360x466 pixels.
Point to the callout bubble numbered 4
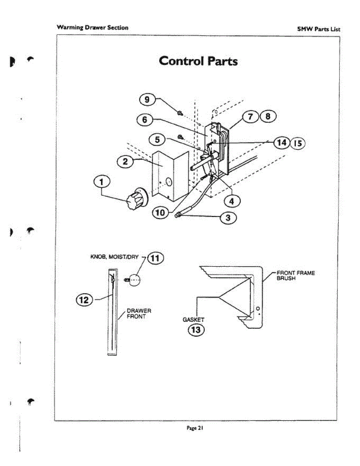232,201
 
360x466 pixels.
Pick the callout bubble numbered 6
144,120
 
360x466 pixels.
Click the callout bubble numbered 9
147,100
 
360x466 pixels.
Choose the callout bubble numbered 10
161,212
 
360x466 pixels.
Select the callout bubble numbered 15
298,143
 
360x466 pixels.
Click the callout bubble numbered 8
268,116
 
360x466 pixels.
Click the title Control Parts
198,61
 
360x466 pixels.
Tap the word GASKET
193,320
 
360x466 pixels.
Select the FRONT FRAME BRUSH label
295,276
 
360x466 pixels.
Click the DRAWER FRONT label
139,314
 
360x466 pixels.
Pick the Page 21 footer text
195,428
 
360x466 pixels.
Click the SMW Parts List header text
318,29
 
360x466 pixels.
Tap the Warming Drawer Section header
92,28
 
